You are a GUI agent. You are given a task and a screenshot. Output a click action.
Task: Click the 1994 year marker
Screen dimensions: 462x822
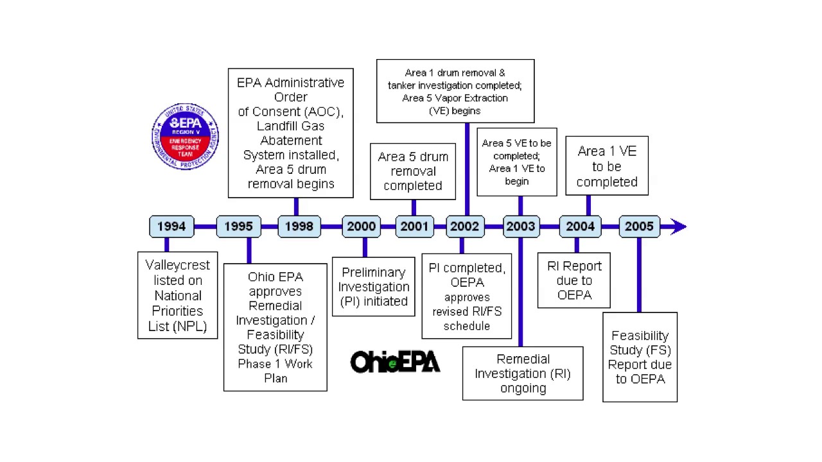coord(171,227)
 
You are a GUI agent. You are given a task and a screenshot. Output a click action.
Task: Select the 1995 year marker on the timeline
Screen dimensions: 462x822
coord(238,227)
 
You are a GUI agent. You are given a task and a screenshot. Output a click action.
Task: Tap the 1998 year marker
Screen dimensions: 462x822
coord(299,227)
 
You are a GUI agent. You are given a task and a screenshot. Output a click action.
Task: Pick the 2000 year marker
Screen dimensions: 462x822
coord(361,227)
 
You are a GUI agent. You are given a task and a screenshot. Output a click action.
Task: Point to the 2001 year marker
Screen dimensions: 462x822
coord(414,227)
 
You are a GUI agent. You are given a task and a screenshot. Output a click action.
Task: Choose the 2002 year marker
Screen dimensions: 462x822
coord(464,227)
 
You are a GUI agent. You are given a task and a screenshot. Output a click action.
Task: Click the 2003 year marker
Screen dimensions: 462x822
coord(520,227)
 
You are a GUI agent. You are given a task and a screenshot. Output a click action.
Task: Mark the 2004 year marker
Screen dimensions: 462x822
coord(580,227)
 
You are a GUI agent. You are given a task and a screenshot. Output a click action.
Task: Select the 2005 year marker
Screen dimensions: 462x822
coord(639,227)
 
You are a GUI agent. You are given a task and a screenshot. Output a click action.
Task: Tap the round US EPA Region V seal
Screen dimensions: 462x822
coord(185,136)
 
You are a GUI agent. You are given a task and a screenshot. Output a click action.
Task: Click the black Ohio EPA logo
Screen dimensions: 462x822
coord(395,363)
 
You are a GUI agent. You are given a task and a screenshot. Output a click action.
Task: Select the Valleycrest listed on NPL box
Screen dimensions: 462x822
coord(178,295)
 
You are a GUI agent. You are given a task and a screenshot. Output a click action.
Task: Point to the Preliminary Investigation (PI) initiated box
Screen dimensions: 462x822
coord(374,287)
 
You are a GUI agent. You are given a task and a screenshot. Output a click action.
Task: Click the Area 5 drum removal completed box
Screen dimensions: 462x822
coord(413,171)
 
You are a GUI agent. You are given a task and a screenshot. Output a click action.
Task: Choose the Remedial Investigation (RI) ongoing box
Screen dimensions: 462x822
coord(523,373)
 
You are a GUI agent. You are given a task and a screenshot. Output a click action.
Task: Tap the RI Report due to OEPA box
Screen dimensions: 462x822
coord(574,280)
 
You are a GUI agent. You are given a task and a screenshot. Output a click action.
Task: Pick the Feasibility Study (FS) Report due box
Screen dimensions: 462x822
coord(640,357)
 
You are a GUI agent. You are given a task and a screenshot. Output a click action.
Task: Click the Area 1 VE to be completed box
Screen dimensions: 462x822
coord(607,166)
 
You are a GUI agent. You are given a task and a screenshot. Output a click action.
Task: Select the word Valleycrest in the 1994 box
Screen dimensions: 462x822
coord(178,265)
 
